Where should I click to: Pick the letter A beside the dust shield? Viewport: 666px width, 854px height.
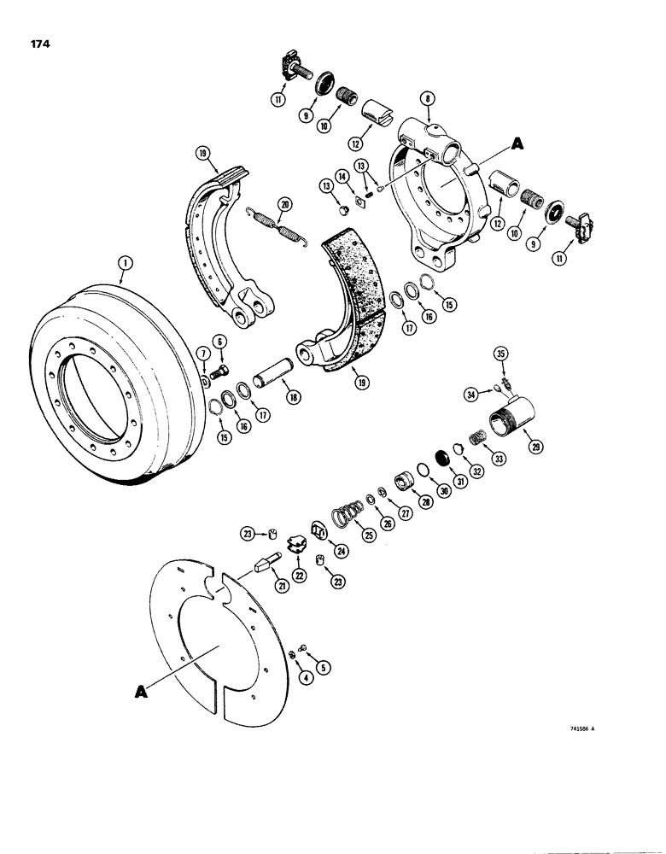(x=140, y=693)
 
